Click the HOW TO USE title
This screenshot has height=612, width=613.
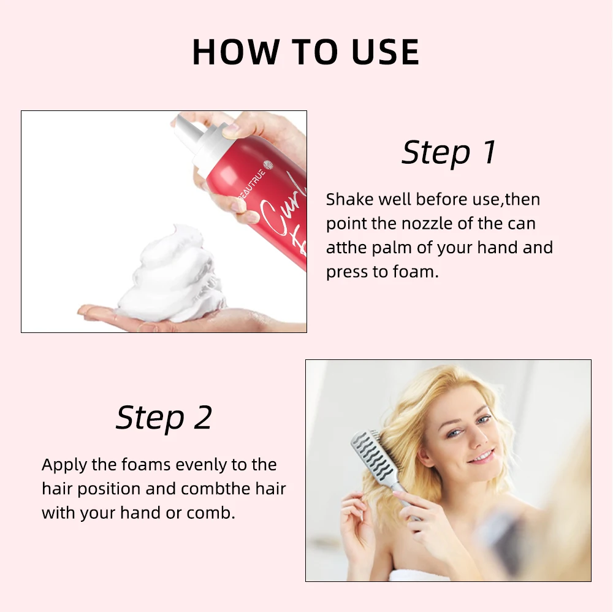[x=305, y=52]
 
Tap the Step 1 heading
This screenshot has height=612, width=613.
[x=449, y=153]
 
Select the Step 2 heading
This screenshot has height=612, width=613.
[x=164, y=418]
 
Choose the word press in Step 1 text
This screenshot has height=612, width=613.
[x=345, y=272]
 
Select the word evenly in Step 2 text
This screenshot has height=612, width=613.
[x=200, y=465]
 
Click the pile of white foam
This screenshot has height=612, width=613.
[x=169, y=276]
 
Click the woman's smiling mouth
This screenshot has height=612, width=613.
[x=482, y=457]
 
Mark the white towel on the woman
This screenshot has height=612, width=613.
[x=417, y=575]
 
